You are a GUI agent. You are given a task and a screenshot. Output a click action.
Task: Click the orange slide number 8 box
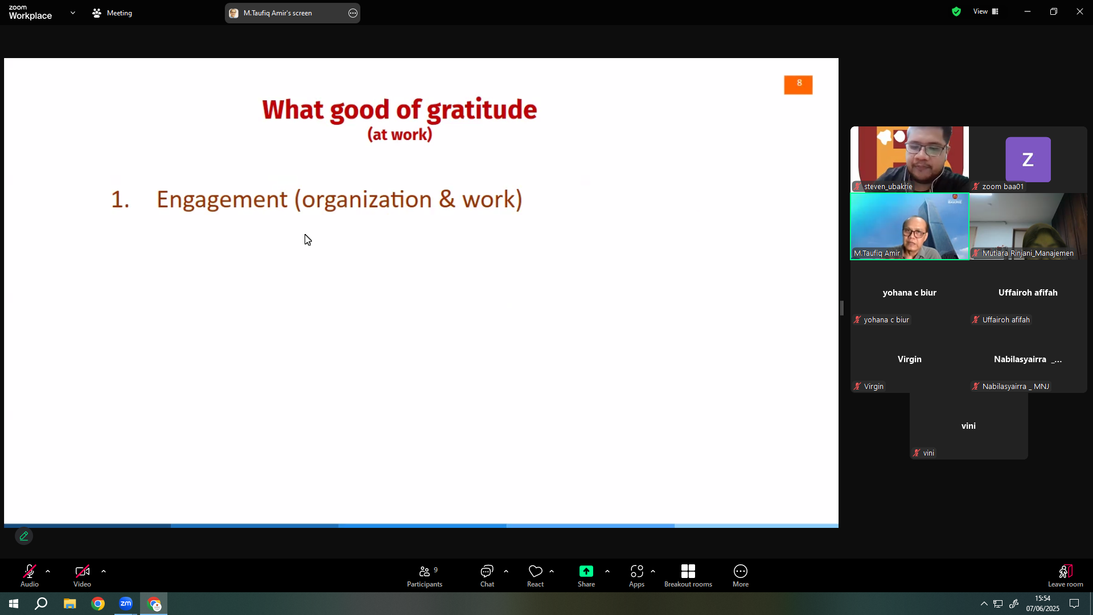[x=798, y=85]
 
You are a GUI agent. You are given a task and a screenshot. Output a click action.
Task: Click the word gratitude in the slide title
[x=482, y=110]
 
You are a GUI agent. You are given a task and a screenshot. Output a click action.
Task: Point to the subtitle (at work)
[x=400, y=134]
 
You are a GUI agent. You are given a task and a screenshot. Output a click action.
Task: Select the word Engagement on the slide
[x=222, y=200]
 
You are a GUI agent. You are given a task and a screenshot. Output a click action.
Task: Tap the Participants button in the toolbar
[x=425, y=576]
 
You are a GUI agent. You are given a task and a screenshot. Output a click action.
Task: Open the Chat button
[x=487, y=576]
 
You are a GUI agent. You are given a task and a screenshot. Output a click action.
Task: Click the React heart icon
[x=536, y=571]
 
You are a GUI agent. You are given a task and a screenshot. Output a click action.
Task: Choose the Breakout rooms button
[x=688, y=576]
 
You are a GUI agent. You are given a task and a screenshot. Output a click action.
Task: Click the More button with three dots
[x=741, y=576]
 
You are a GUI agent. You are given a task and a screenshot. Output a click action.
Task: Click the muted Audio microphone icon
[x=30, y=571]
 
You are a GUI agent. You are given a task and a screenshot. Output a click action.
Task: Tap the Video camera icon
[x=83, y=571]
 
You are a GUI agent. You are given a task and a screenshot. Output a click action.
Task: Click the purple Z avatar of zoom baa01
[x=1028, y=159]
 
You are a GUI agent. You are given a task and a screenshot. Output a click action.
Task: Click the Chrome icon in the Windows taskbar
[x=98, y=604]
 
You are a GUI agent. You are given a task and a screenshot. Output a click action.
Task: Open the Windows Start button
[x=14, y=604]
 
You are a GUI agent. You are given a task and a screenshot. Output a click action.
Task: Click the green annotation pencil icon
[x=24, y=536]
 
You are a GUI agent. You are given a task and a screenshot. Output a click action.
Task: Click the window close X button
[x=1080, y=11]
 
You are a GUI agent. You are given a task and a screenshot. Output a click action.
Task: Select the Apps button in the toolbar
[x=637, y=576]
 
